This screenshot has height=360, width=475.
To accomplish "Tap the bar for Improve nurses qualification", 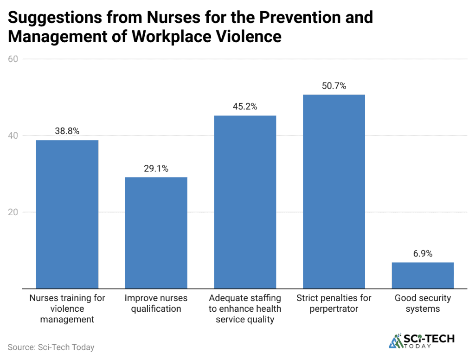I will (156, 232).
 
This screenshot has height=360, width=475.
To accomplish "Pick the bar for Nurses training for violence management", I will (67, 214).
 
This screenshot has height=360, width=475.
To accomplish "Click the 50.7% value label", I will (334, 86).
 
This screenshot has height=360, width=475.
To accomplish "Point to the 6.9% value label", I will (423, 254).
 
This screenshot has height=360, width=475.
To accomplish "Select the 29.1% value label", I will (156, 169).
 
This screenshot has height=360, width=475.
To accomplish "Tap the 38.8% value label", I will (67, 131).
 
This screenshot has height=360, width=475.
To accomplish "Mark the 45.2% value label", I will (245, 107).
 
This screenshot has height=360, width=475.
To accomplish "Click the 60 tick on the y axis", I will (13, 59).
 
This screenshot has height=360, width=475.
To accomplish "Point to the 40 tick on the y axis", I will (13, 135).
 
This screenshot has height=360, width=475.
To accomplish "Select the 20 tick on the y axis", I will (13, 212).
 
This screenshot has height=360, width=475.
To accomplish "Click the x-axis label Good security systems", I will (423, 303).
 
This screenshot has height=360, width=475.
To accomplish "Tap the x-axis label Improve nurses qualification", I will (156, 303).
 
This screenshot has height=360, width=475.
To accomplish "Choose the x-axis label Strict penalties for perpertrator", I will (334, 303).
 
